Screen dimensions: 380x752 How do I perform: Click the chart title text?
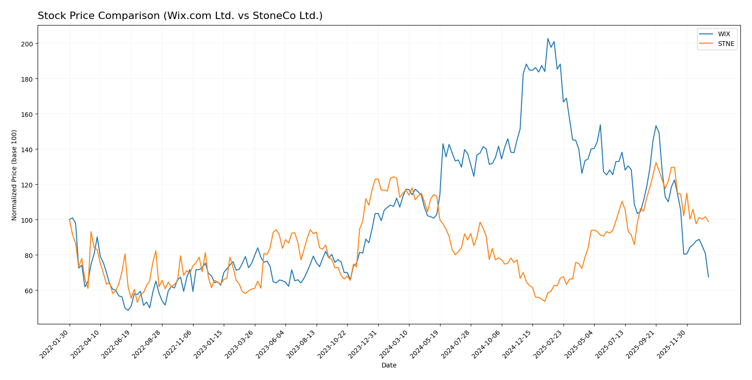(x=180, y=16)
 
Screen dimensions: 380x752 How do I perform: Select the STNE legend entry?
(x=726, y=44)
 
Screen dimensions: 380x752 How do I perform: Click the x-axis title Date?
(x=389, y=365)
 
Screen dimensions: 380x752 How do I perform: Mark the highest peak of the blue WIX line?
(x=548, y=39)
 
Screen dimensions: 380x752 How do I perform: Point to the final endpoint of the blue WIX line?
(x=708, y=277)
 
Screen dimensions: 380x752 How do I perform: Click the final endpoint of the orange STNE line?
(x=708, y=222)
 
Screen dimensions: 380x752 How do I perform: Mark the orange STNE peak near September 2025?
(x=656, y=162)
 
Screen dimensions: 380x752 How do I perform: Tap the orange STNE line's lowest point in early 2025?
(x=545, y=301)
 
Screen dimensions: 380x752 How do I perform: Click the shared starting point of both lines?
(x=70, y=219)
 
